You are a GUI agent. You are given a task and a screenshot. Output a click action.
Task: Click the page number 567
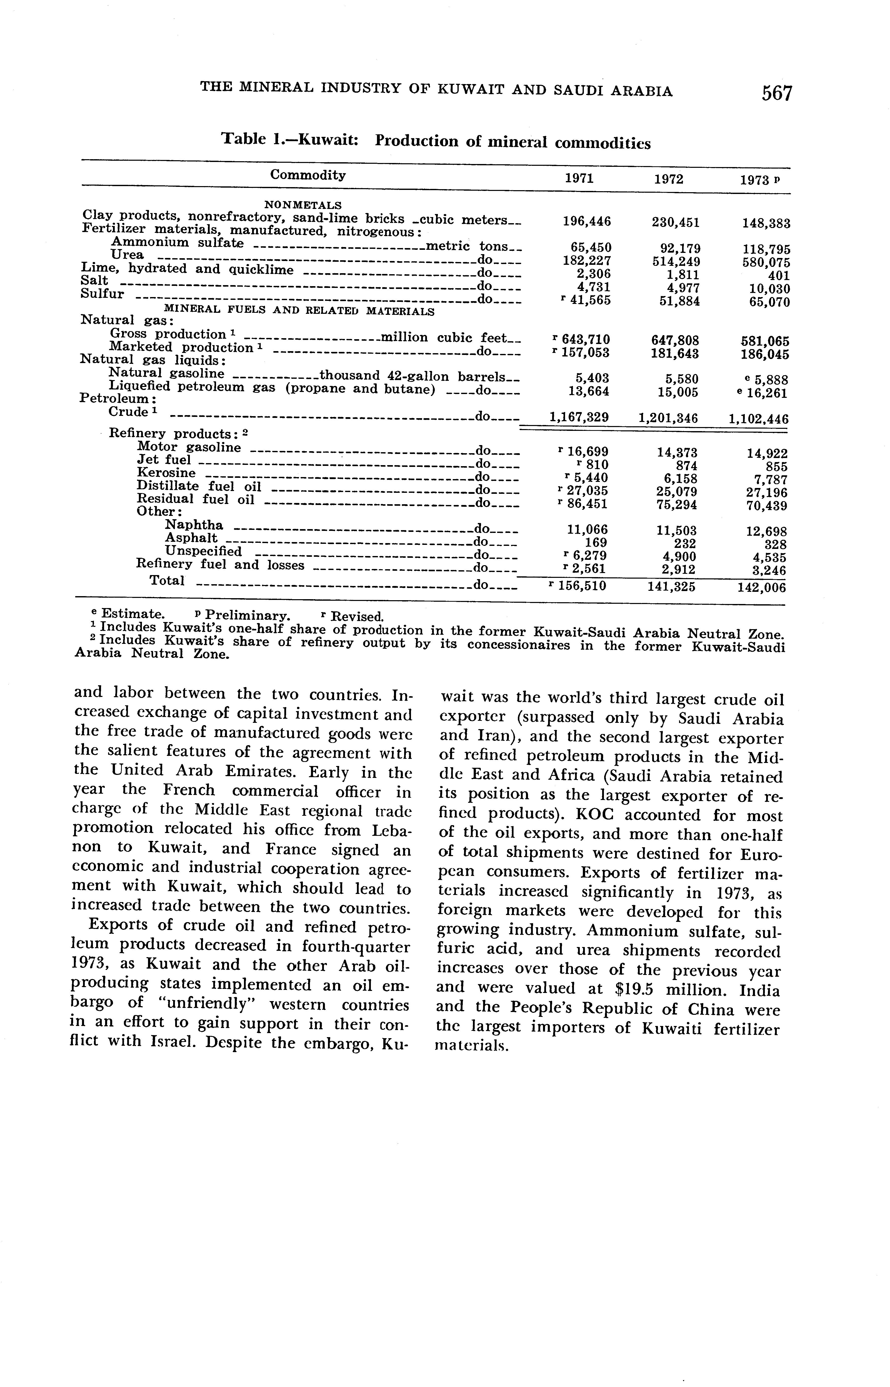click(777, 93)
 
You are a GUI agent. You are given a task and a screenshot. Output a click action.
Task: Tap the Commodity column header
click(308, 175)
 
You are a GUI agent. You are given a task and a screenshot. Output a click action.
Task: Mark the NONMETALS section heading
click(303, 205)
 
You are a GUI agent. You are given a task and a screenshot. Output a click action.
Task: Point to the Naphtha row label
click(194, 525)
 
